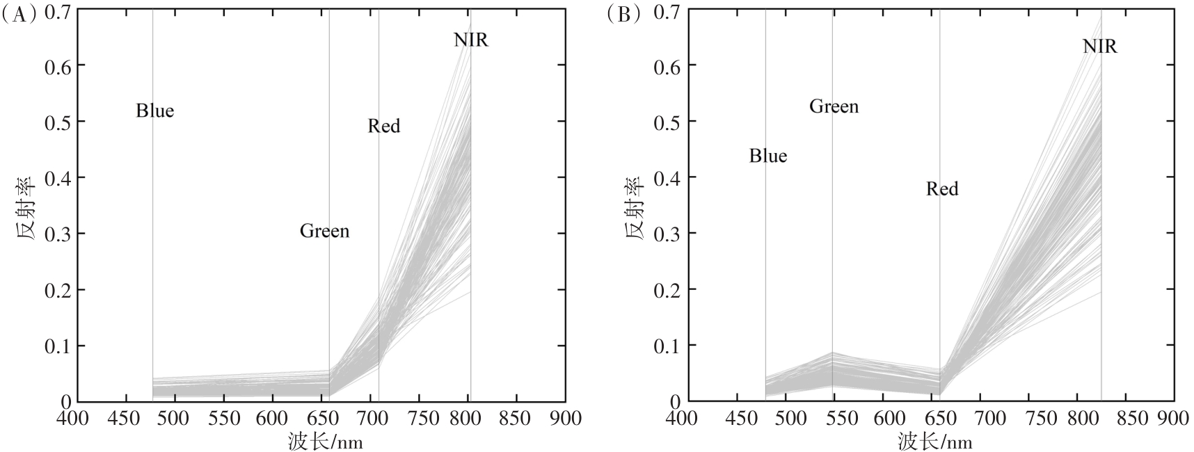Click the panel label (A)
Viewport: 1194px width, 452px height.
17,15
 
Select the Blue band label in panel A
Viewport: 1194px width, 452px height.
154,111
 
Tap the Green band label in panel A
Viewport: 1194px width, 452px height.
324,231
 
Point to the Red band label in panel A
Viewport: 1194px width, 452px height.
383,126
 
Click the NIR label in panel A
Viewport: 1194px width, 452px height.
471,40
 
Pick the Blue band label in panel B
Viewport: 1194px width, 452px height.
767,156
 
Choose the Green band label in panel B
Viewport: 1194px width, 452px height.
834,106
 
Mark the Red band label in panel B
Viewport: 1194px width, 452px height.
941,189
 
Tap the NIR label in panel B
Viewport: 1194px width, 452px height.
1099,47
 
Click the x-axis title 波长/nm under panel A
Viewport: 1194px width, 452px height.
326,441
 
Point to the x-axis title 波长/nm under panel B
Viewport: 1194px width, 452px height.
934,441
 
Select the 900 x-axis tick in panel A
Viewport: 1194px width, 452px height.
564,419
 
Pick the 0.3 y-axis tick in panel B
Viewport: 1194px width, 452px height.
666,234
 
